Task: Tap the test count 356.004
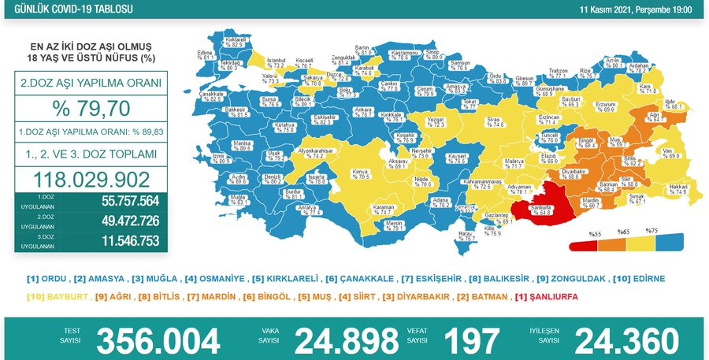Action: click(158, 340)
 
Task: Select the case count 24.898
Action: click(346, 340)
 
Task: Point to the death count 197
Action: click(471, 340)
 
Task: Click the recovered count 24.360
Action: click(626, 340)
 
